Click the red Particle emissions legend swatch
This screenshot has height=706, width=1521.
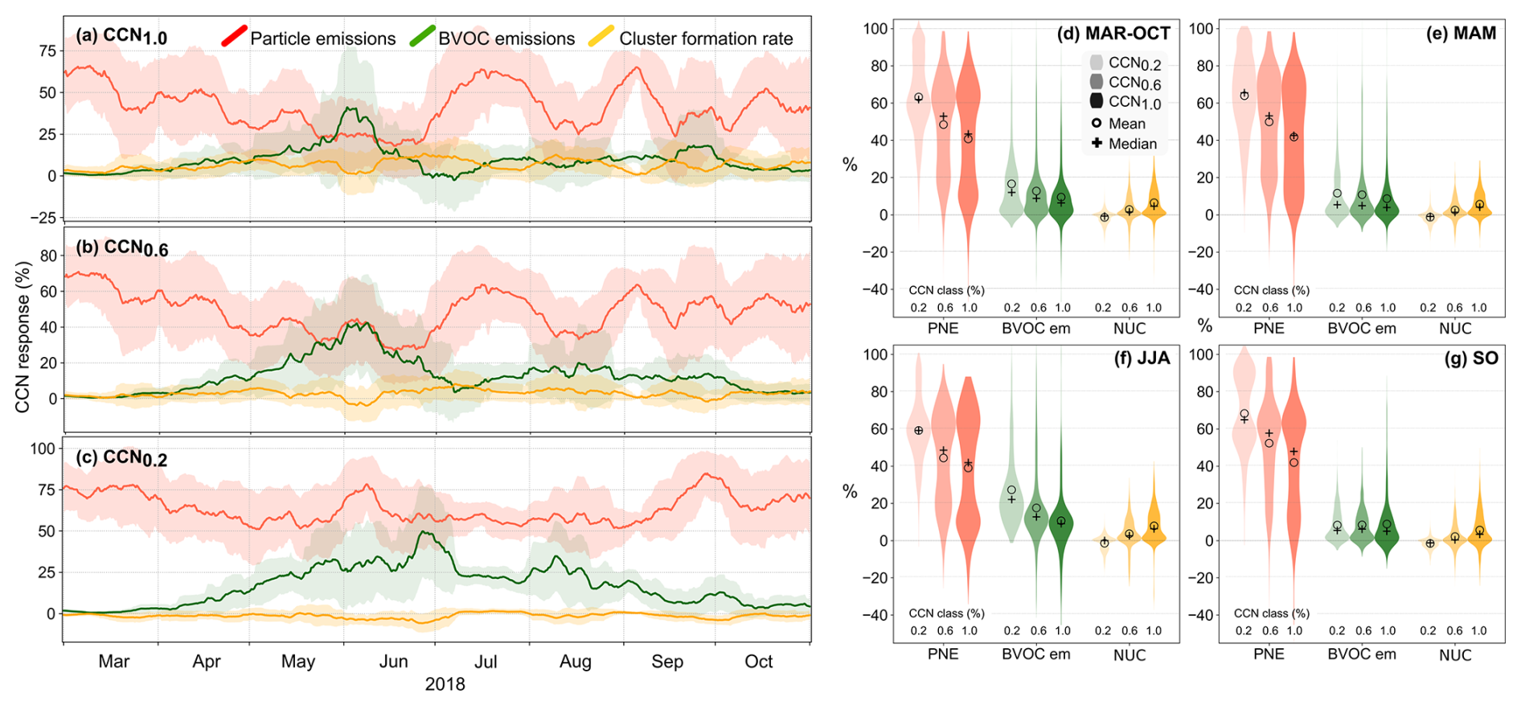pyautogui.click(x=234, y=36)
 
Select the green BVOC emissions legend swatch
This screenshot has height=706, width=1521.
pyautogui.click(x=422, y=36)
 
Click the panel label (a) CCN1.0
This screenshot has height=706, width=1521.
pyautogui.click(x=121, y=36)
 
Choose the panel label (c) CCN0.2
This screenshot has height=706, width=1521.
pyautogui.click(x=121, y=458)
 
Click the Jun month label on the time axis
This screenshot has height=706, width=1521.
pyautogui.click(x=393, y=662)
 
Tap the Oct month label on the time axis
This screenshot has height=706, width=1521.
pyautogui.click(x=758, y=662)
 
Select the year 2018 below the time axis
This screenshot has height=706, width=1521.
pyautogui.click(x=445, y=684)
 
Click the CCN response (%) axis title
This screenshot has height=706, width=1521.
pyautogui.click(x=23, y=337)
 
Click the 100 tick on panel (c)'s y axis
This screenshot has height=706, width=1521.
pyautogui.click(x=43, y=449)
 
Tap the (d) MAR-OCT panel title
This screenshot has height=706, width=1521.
pyautogui.click(x=1113, y=33)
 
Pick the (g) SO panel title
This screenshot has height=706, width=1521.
pyautogui.click(x=1471, y=358)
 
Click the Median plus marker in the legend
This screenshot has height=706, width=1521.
pyautogui.click(x=1097, y=143)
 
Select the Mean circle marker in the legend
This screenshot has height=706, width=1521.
pyautogui.click(x=1097, y=123)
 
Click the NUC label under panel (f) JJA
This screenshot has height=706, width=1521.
pyautogui.click(x=1129, y=655)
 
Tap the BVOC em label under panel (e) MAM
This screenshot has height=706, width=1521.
pyautogui.click(x=1362, y=328)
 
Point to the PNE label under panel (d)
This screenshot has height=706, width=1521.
pyautogui.click(x=943, y=328)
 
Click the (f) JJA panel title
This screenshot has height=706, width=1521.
pyautogui.click(x=1142, y=358)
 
